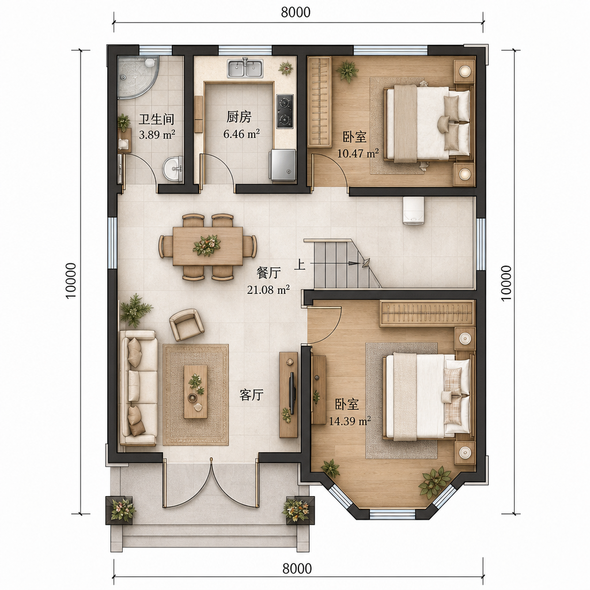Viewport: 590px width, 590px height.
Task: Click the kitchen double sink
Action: coord(245,69)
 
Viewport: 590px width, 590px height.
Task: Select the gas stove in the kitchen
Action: coord(285,111)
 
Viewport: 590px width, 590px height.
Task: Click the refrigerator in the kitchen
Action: coord(282,164)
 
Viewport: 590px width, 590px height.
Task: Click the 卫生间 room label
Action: coord(157,119)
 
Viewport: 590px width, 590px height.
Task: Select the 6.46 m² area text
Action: coord(241,134)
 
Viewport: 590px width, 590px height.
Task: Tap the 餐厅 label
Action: coord(268,273)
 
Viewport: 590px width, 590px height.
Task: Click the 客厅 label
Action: coord(251,395)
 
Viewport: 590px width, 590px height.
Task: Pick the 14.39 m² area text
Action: coord(350,421)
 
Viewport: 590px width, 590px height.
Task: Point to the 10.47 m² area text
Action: coord(358,153)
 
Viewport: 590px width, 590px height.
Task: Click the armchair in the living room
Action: coord(187,325)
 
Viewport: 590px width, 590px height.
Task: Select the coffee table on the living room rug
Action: coord(195,392)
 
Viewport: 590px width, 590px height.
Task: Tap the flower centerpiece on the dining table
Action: coord(206,245)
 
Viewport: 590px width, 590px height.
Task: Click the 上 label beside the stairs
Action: coord(300,264)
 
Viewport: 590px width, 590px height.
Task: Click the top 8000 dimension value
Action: coord(296,12)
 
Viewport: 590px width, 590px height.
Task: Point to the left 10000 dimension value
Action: coord(71,281)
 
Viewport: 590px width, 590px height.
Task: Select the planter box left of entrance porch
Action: coord(120,510)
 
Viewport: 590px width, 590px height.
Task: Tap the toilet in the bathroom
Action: coord(124,143)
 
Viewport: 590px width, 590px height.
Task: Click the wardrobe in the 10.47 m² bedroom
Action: coord(319,102)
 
